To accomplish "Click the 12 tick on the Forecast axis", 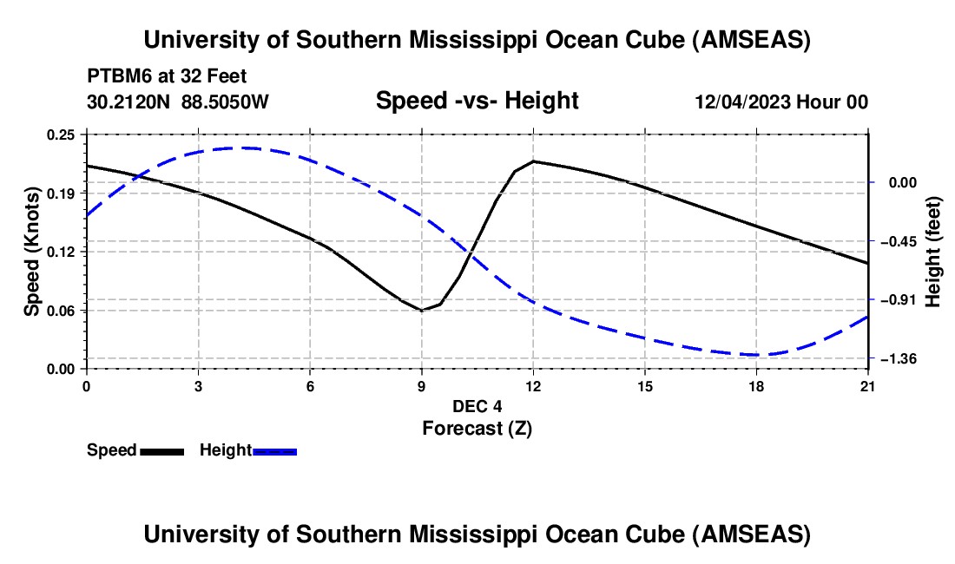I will (533, 385).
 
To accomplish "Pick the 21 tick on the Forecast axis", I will (868, 385).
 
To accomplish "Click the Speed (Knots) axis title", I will (31, 252).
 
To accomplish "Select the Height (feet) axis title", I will (934, 252).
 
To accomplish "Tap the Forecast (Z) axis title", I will (477, 427).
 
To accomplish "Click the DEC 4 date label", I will (477, 406).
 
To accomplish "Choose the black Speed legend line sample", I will (161, 450).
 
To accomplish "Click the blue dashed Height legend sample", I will (275, 450).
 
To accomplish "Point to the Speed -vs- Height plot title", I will (477, 101).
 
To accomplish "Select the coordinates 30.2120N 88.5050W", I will (178, 102).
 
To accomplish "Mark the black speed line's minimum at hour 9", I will (422, 310).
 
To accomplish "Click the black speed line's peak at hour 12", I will (533, 161).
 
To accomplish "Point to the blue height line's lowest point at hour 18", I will (757, 354).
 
